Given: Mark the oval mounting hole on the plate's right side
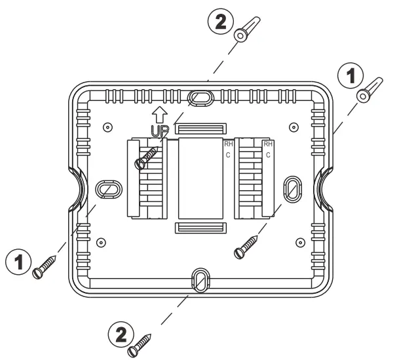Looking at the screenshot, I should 291,189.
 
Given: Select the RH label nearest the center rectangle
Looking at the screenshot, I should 228,144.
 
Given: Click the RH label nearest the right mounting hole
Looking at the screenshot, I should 267,144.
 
